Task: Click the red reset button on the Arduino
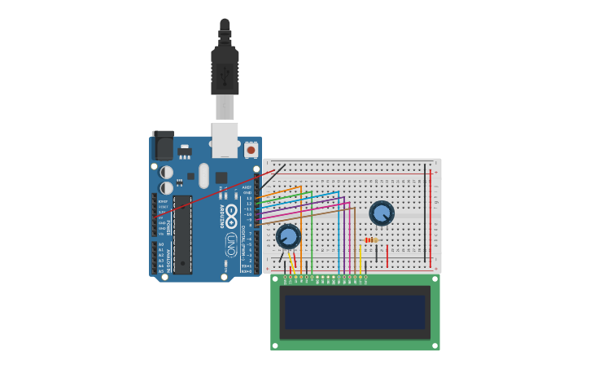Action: (251, 150)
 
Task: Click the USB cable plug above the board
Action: (225, 69)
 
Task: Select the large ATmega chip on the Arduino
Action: (182, 234)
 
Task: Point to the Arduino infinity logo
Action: (231, 217)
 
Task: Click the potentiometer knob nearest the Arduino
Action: (287, 236)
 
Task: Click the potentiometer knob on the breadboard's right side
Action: (381, 213)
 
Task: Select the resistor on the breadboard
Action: (371, 239)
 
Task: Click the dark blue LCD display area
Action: (355, 312)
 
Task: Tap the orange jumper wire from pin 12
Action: (281, 192)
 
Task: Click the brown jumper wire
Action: (309, 215)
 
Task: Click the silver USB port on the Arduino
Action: (225, 138)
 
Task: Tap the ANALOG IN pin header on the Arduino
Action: (154, 257)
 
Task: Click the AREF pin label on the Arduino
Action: (247, 187)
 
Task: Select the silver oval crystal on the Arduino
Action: (203, 175)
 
